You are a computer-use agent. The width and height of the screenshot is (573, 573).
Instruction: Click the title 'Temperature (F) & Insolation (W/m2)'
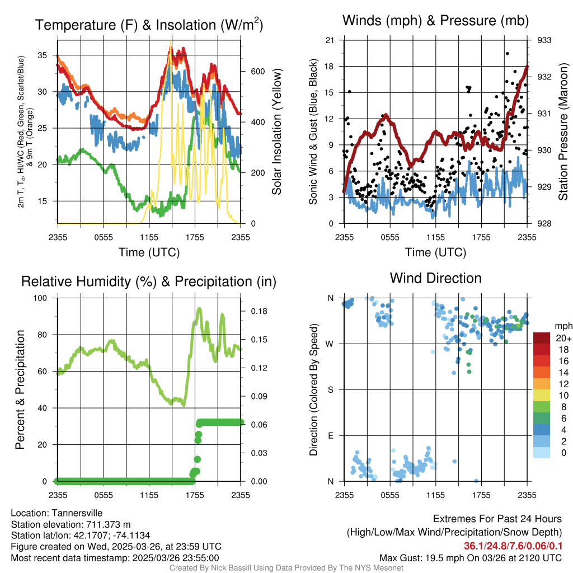point(149,25)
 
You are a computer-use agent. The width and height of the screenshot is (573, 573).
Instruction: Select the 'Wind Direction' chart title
point(435,278)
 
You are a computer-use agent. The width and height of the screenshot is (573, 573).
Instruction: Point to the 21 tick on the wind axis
point(330,40)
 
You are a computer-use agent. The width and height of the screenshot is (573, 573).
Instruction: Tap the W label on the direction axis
point(331,344)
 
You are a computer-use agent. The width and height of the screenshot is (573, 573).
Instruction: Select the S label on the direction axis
point(331,389)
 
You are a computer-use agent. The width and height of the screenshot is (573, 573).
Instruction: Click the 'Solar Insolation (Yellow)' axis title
point(277,131)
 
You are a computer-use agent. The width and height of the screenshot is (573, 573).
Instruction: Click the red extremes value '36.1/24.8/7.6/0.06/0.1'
point(513,546)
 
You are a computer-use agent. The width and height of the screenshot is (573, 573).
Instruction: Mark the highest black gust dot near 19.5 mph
point(507,54)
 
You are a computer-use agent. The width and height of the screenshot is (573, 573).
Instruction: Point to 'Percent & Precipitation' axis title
point(19,389)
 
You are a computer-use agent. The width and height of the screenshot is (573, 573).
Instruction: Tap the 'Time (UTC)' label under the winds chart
point(435,252)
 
